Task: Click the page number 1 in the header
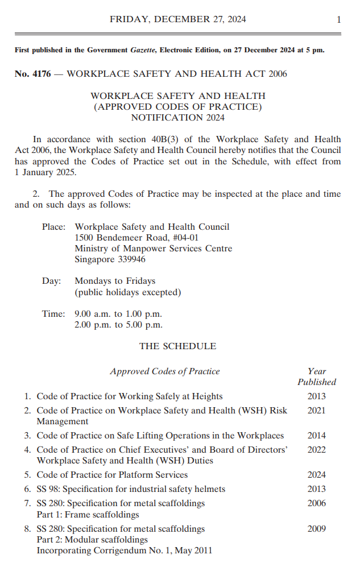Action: (338, 19)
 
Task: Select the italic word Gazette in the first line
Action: (142, 50)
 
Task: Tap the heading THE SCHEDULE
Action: (178, 346)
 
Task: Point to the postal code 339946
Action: (130, 259)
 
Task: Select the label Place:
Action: (54, 226)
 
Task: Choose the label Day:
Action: (51, 281)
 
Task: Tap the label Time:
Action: (53, 314)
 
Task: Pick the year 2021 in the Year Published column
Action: (316, 411)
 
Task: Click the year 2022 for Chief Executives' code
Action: (316, 450)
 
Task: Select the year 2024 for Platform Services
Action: (316, 475)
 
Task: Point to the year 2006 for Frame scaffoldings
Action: (316, 503)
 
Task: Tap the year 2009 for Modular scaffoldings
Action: (316, 529)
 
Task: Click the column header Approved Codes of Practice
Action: (165, 371)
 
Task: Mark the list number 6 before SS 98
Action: (27, 489)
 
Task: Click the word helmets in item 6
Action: (209, 489)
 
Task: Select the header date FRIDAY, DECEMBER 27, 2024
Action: (178, 19)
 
